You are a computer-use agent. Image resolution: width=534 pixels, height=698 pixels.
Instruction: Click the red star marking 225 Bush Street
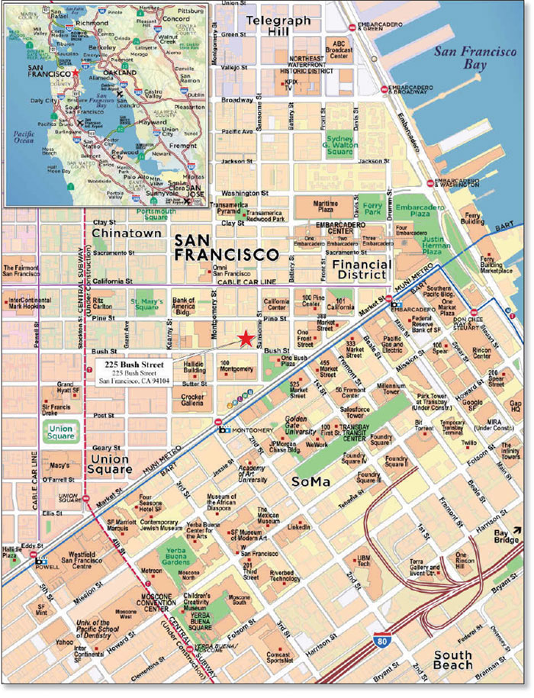tap(245, 339)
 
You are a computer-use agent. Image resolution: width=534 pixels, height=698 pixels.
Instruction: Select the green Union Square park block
tap(59, 433)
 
